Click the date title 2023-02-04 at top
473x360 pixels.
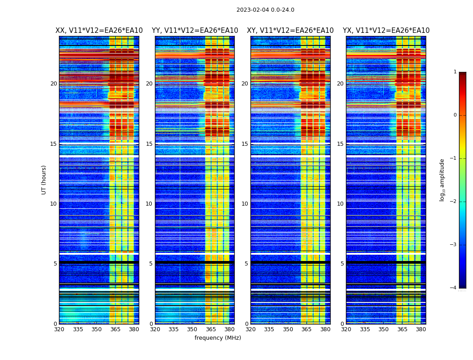(x=265, y=10)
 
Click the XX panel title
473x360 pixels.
(x=99, y=31)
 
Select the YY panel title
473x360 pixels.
(x=195, y=31)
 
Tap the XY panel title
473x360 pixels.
(x=290, y=31)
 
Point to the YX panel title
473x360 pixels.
(x=386, y=31)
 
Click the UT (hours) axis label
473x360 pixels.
(x=44, y=180)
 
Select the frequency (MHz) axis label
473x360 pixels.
(x=218, y=338)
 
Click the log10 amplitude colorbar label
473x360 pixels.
(x=442, y=180)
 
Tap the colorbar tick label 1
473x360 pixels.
(x=455, y=72)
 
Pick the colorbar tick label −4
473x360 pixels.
(x=454, y=288)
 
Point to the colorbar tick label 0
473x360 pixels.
(x=455, y=115)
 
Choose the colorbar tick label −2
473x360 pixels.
(x=454, y=202)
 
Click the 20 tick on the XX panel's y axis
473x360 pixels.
(x=54, y=84)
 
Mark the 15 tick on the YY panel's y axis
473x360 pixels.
(x=149, y=144)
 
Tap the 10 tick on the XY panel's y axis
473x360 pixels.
(x=245, y=204)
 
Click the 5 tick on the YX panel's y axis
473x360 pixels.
(x=342, y=264)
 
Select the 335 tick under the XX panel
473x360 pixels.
(x=78, y=329)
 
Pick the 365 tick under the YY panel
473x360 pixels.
(x=211, y=329)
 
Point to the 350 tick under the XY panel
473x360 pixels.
(x=288, y=329)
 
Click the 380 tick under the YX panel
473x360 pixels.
(x=421, y=329)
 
